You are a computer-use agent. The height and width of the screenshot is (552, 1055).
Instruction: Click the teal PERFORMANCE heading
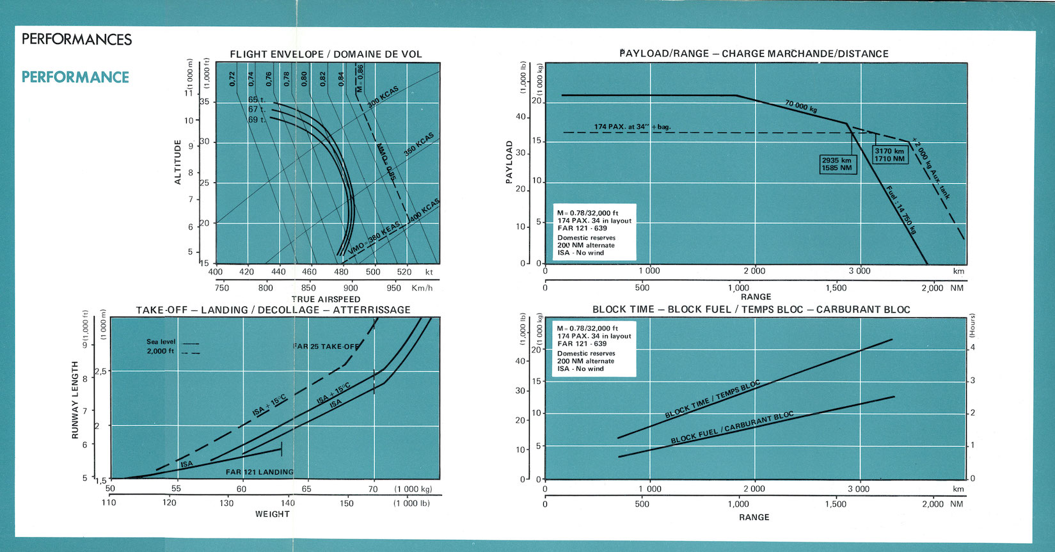75,77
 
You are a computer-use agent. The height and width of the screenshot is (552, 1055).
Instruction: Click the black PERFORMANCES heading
77,40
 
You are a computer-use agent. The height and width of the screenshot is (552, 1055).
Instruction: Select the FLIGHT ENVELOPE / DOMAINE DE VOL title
326,54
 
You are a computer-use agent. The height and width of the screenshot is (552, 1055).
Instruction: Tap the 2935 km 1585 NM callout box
837,164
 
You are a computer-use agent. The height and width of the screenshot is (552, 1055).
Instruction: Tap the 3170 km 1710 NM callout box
890,155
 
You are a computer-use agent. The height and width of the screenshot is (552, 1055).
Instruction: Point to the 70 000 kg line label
800,106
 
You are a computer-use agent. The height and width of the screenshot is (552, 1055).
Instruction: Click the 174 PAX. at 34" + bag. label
632,127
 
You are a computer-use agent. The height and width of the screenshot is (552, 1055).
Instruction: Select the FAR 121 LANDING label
260,472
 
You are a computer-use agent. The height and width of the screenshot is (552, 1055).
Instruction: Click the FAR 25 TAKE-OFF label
326,347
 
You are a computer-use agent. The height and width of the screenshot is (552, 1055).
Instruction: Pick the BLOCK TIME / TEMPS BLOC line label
713,400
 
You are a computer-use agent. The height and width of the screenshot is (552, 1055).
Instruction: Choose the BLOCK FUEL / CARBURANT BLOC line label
732,428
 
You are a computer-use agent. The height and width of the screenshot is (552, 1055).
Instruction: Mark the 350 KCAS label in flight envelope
418,145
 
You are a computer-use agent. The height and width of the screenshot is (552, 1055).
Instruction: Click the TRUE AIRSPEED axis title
326,299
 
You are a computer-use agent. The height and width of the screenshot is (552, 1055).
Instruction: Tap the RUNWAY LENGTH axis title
75,400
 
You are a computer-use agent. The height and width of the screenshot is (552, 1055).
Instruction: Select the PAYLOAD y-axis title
509,162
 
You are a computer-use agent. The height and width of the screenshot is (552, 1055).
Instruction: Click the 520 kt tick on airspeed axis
404,272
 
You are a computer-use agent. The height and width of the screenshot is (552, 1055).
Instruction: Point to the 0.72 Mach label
233,79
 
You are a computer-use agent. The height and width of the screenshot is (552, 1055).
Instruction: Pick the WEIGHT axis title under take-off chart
273,514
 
